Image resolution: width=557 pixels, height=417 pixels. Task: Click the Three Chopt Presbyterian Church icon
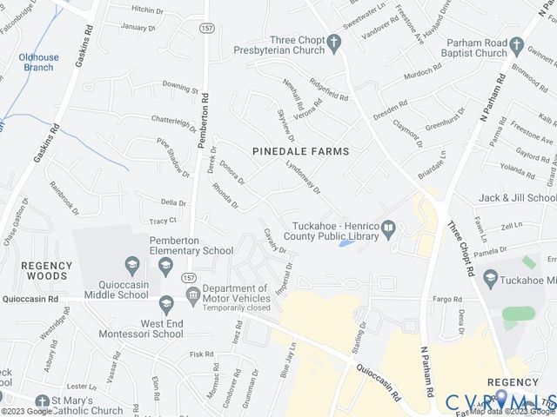334,42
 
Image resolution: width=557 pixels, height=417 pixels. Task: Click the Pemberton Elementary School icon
132,263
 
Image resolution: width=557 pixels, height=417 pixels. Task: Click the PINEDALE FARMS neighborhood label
300,151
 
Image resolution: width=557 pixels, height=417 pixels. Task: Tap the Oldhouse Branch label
38,63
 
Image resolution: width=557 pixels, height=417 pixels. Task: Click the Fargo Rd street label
447,299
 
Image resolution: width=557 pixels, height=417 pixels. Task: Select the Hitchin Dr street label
146,10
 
